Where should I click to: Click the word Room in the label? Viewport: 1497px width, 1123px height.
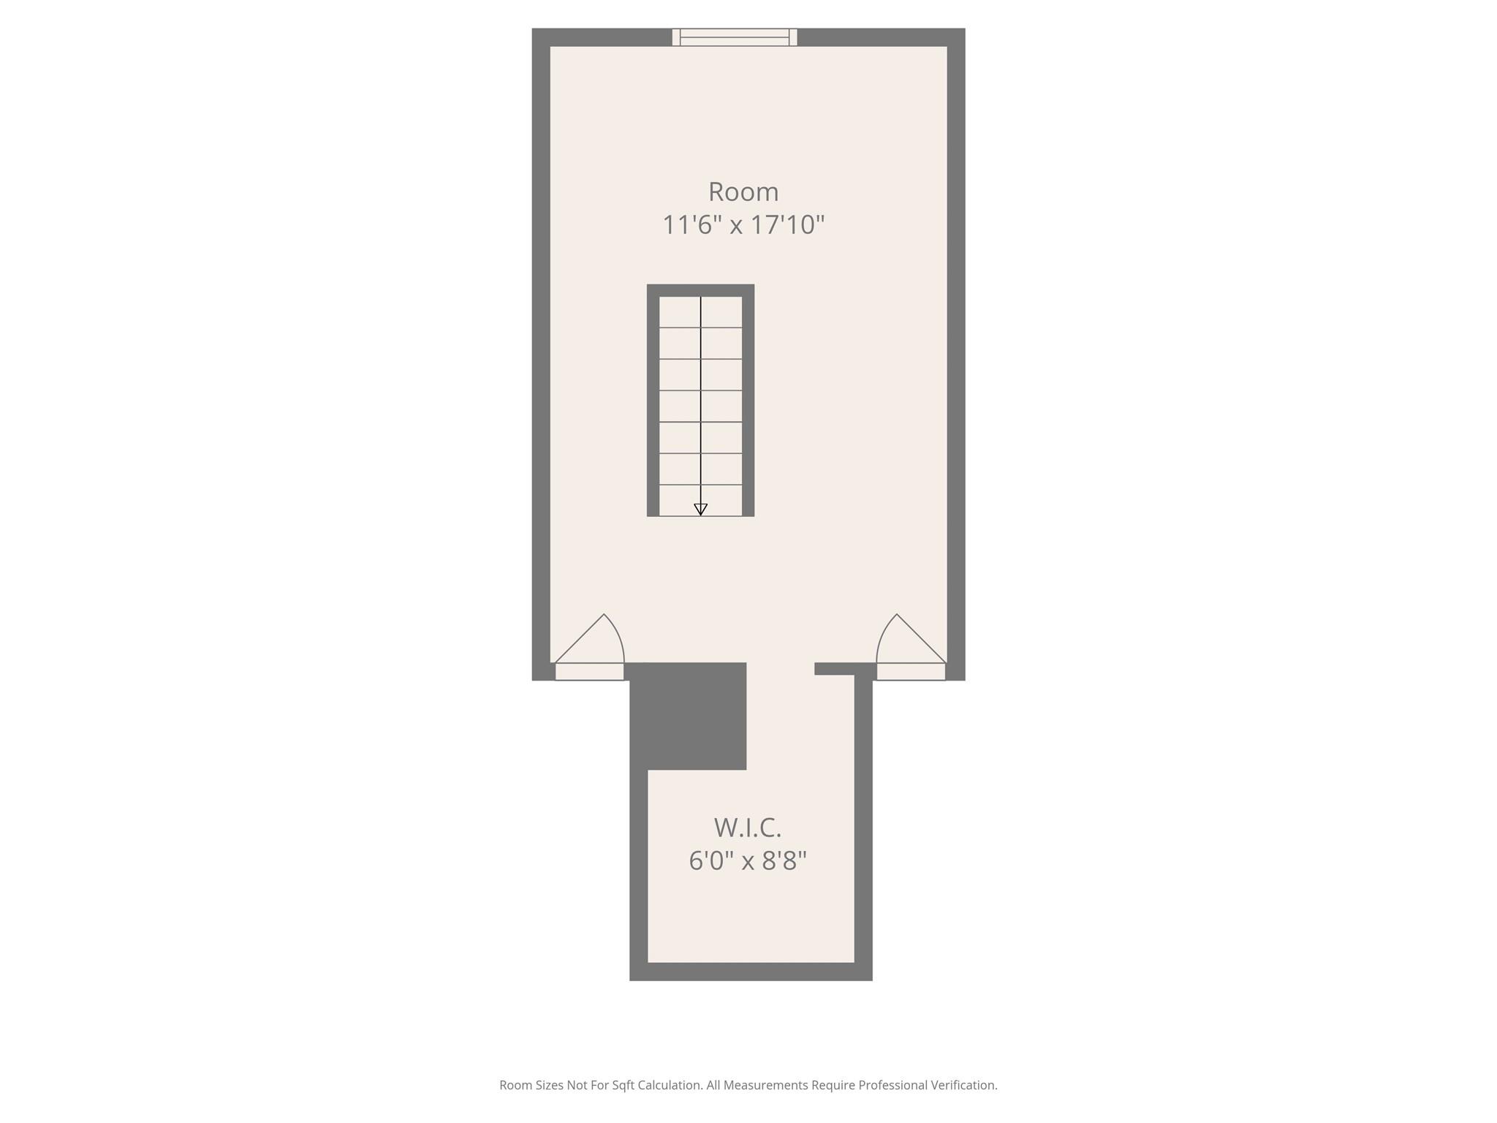click(743, 192)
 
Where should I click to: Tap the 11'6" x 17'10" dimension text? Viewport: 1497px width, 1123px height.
click(743, 224)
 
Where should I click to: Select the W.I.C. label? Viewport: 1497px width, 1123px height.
click(748, 828)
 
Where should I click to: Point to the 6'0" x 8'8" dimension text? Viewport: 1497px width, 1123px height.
click(748, 861)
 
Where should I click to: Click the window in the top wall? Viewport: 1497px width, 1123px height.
click(735, 37)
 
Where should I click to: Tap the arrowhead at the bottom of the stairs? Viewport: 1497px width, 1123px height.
click(700, 510)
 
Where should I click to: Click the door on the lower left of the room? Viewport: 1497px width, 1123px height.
click(590, 647)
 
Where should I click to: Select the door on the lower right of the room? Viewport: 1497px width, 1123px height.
click(912, 647)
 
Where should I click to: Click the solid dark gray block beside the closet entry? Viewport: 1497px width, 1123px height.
click(688, 716)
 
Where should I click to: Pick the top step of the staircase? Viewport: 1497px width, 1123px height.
click(700, 312)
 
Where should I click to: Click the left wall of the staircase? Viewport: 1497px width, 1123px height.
click(653, 401)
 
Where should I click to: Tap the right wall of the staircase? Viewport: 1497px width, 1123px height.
click(748, 401)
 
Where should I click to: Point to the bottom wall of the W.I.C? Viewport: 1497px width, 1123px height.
click(751, 972)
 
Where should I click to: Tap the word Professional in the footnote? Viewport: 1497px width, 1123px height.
click(892, 1085)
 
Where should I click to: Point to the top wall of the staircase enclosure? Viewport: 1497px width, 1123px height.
click(700, 290)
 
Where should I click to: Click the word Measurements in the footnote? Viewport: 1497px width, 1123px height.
click(766, 1085)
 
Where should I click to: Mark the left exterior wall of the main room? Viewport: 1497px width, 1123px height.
click(541, 355)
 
